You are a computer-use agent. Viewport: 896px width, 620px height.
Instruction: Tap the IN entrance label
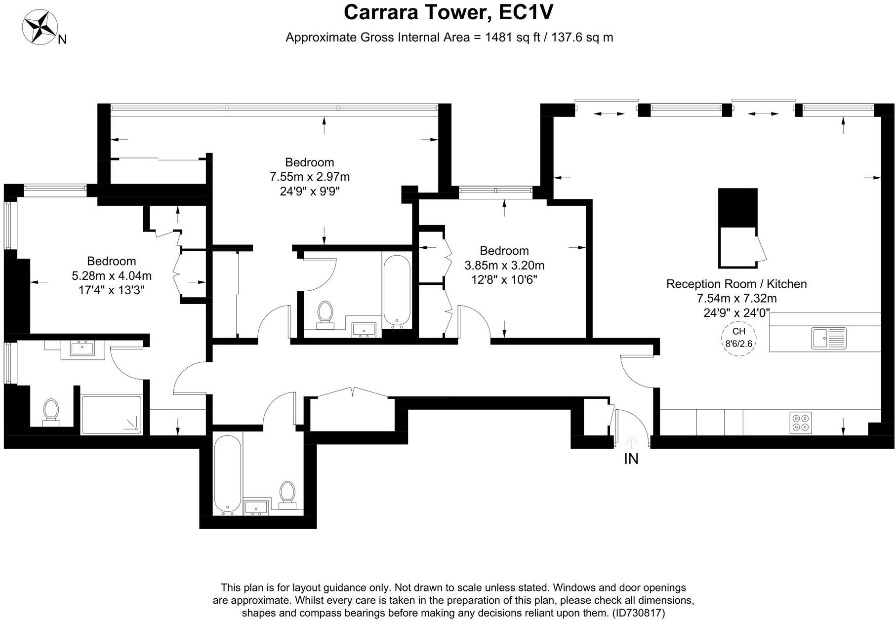pyautogui.click(x=631, y=459)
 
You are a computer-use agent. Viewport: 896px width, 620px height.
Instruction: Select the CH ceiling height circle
pyautogui.click(x=738, y=338)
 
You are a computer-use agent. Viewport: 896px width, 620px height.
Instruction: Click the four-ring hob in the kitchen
pyautogui.click(x=800, y=423)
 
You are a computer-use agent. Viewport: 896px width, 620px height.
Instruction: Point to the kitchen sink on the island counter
pyautogui.click(x=828, y=339)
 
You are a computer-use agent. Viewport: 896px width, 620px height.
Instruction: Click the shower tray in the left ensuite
pyautogui.click(x=111, y=415)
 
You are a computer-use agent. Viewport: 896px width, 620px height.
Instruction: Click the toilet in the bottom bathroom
pyautogui.click(x=287, y=495)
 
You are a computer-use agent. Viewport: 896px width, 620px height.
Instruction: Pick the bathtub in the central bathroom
pyautogui.click(x=396, y=290)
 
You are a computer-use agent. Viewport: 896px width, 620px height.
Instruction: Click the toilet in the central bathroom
pyautogui.click(x=325, y=315)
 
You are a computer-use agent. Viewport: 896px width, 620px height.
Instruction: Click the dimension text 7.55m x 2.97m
pyautogui.click(x=310, y=177)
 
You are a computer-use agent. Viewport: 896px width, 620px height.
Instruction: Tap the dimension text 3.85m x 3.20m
pyautogui.click(x=504, y=266)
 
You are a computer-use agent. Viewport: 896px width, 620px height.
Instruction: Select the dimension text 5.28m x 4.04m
pyautogui.click(x=112, y=275)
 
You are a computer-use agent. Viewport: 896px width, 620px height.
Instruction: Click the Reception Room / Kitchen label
pyautogui.click(x=736, y=284)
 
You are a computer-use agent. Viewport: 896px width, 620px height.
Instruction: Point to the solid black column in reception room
pyautogui.click(x=737, y=207)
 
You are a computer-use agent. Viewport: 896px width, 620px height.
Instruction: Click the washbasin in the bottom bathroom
pyautogui.click(x=256, y=507)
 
